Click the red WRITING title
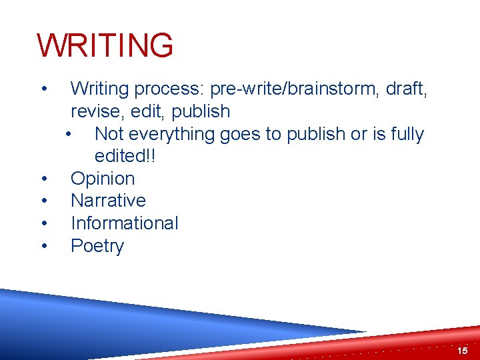coord(105,46)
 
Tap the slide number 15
coord(463,351)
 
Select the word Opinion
coord(103,179)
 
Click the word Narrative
coord(108,201)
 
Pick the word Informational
coord(125,223)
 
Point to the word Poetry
coord(97,246)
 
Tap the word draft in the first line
coord(404,89)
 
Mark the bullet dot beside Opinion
coord(43,179)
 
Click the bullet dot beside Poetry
coord(43,246)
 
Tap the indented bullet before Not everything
coord(69,134)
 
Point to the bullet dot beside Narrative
coord(43,201)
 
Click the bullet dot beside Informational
coord(43,223)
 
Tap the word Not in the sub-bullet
coord(109,134)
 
